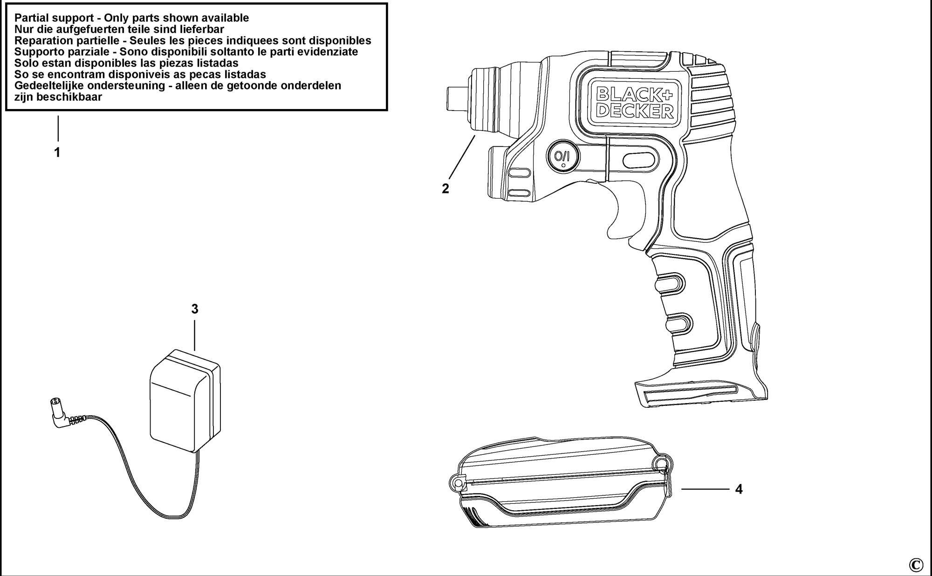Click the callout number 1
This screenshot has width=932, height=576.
click(57, 152)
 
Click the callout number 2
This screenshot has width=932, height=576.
click(445, 189)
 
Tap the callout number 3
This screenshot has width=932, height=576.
click(195, 309)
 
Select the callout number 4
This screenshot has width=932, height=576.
click(739, 489)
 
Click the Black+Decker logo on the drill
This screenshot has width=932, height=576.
click(635, 103)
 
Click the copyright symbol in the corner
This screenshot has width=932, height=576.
click(916, 565)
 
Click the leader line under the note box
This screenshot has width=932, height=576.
click(58, 128)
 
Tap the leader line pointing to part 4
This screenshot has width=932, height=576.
click(705, 489)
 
